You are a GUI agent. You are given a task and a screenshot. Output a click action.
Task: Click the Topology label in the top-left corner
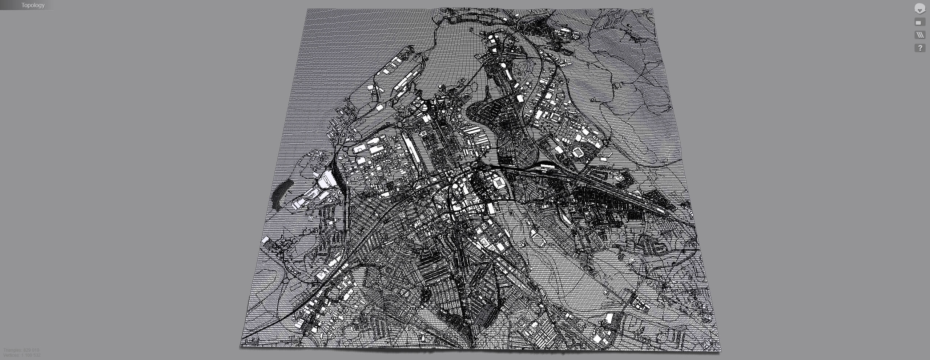33,5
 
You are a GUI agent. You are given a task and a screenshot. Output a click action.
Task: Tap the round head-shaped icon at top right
919,9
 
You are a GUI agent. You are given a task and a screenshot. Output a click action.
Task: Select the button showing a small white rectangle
919,23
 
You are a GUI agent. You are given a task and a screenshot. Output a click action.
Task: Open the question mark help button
919,48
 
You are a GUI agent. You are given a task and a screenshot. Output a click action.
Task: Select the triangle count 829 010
31,350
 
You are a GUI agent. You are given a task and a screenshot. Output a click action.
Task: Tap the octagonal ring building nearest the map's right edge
578,152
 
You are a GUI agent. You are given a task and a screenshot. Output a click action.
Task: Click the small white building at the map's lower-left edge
265,240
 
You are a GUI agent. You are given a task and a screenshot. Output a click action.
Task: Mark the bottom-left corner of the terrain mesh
241,346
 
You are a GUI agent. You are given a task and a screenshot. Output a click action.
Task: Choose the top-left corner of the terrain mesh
307,10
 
